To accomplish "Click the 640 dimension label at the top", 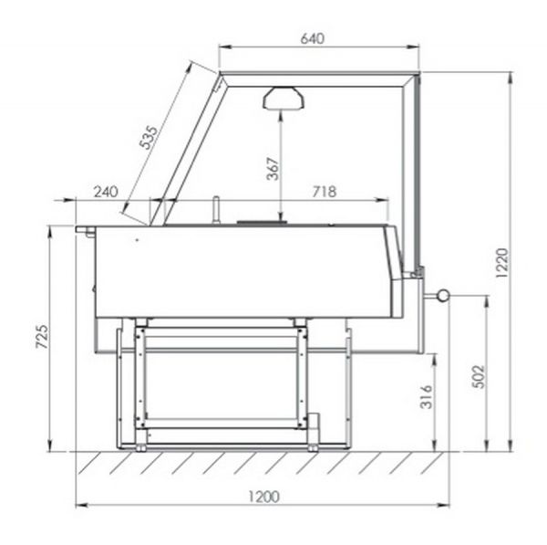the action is [x=312, y=38].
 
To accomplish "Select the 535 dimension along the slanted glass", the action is [x=149, y=137].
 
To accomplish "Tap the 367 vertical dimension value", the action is [x=273, y=169].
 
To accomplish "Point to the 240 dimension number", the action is [x=106, y=192].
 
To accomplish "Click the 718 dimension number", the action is [x=324, y=192].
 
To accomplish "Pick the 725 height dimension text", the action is [x=42, y=337].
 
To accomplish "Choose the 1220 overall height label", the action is [x=502, y=263].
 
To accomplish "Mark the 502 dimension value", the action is [x=479, y=377].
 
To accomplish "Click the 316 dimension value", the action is [x=426, y=396].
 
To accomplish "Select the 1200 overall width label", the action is [x=263, y=497].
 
